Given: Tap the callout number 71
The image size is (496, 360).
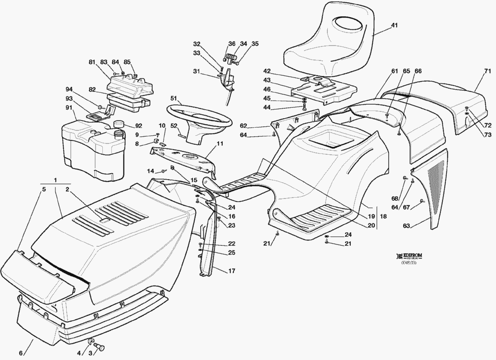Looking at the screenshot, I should pyautogui.click(x=487, y=71).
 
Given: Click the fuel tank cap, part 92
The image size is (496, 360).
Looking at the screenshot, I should pyautogui.click(x=119, y=124).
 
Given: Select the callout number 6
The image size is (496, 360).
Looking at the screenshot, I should pyautogui.click(x=21, y=353).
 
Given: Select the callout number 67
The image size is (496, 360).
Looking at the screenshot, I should pyautogui.click(x=406, y=207).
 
